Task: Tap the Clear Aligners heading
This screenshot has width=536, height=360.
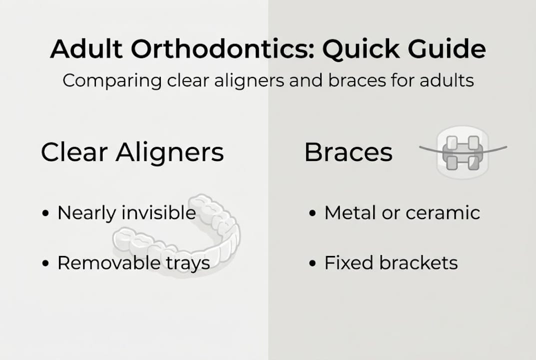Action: pyautogui.click(x=132, y=152)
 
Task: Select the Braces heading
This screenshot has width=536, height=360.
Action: pyautogui.click(x=348, y=152)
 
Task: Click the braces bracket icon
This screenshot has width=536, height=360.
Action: pyautogui.click(x=462, y=152)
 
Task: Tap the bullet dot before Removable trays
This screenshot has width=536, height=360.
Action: pyautogui.click(x=46, y=263)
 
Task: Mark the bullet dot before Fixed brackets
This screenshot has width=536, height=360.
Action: pyautogui.click(x=313, y=263)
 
